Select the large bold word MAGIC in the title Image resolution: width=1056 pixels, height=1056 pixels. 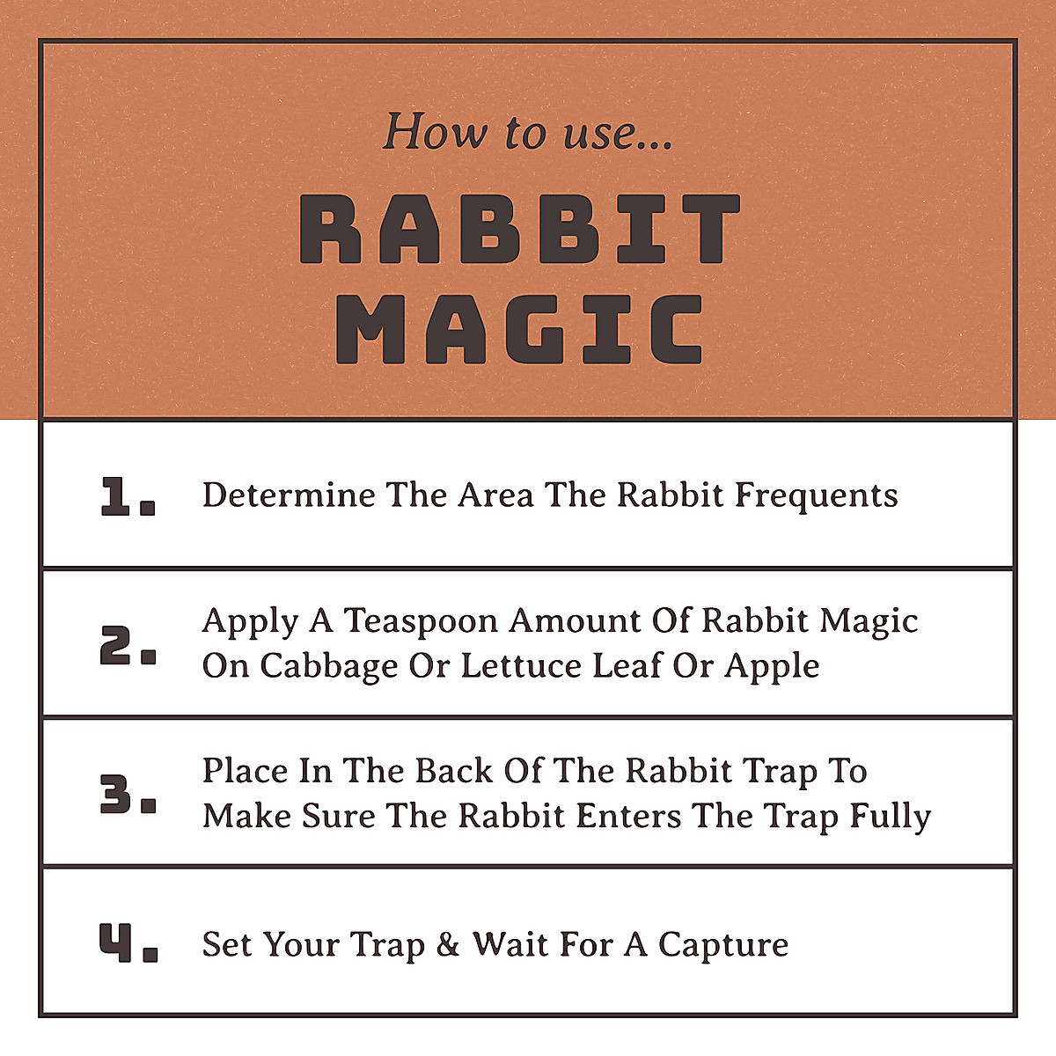click(519, 329)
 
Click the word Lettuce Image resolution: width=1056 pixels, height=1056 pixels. click(522, 665)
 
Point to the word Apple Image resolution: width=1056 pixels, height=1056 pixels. click(772, 666)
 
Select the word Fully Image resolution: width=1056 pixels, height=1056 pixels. click(890, 817)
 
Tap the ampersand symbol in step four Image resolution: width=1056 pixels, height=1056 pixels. click(448, 944)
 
